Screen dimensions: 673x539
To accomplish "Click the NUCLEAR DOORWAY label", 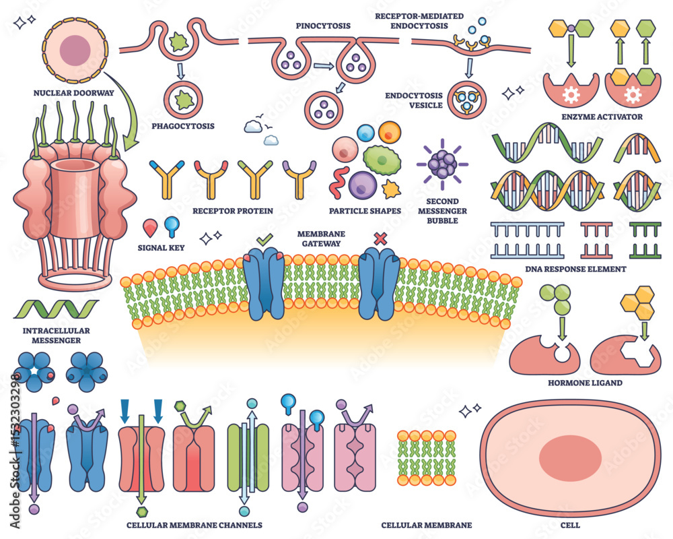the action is (x=74, y=93).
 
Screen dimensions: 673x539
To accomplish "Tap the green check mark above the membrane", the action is (x=264, y=239).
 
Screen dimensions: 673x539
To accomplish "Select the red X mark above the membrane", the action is (x=380, y=239).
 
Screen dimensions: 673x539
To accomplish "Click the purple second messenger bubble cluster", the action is (x=442, y=164).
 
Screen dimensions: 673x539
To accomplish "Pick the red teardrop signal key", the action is (x=150, y=228).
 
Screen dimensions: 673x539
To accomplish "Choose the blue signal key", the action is (x=172, y=226).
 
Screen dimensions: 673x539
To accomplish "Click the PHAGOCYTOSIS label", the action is (x=183, y=127).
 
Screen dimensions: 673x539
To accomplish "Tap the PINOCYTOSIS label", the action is (x=323, y=26).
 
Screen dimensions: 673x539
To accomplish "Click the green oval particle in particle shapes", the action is (x=382, y=160).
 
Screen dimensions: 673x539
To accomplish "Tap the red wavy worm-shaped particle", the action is (x=339, y=181).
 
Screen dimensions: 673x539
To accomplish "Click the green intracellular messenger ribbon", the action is (x=57, y=309).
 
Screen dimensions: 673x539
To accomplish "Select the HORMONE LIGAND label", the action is (x=585, y=383).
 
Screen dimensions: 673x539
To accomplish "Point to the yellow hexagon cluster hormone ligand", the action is (x=638, y=303).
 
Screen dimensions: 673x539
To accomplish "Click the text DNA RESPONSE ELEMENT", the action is (x=575, y=269).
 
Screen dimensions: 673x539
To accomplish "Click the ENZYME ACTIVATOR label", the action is (x=602, y=117).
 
